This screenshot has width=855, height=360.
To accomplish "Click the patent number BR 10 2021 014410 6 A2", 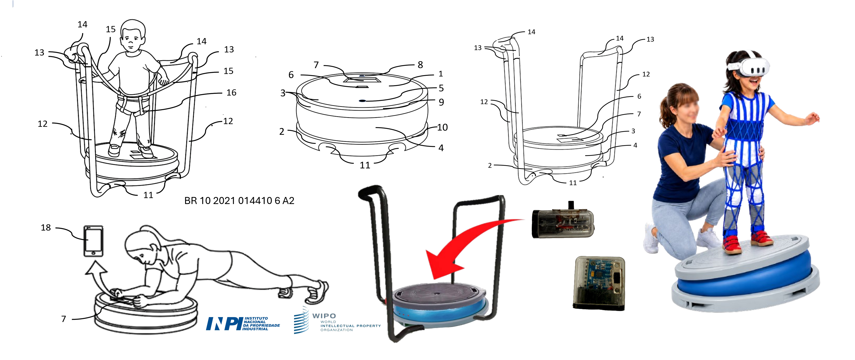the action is [x=239, y=200].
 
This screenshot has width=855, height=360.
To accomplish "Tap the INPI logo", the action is [x=243, y=323].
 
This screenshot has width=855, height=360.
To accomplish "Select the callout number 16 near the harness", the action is [x=231, y=93].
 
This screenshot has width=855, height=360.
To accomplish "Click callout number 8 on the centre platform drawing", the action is [x=420, y=65].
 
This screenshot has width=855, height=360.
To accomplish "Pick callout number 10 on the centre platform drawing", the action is [x=442, y=127].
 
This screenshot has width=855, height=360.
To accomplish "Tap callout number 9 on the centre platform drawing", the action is [x=441, y=102].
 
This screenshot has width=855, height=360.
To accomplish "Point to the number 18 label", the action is [x=46, y=227].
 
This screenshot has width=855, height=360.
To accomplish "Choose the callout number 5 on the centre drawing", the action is [x=441, y=88].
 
